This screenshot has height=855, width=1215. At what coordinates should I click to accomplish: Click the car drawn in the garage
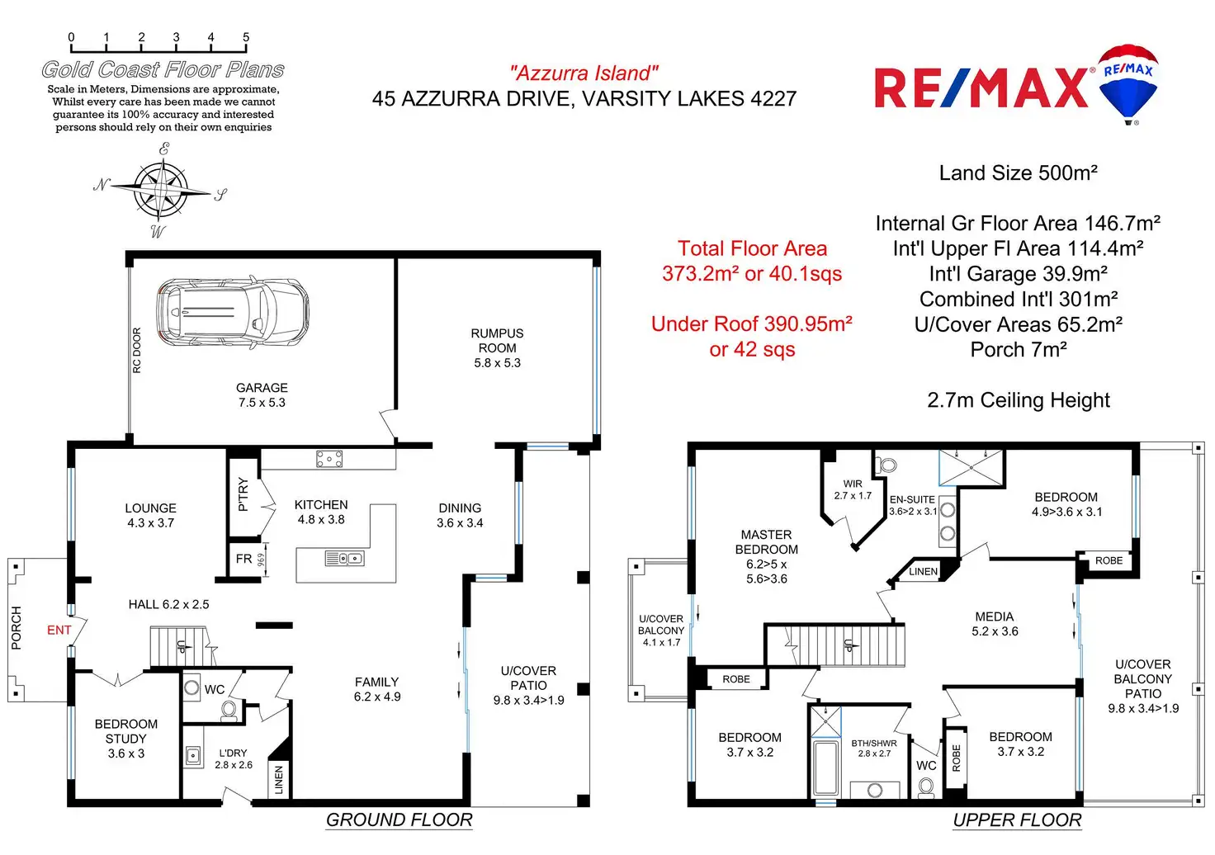[x=233, y=312]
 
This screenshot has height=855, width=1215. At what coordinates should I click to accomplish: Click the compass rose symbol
[x=162, y=189]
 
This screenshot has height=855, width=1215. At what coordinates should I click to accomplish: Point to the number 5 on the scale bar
[x=246, y=37]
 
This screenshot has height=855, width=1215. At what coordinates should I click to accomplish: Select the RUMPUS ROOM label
[x=497, y=347]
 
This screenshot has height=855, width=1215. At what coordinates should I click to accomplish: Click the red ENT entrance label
[x=59, y=630]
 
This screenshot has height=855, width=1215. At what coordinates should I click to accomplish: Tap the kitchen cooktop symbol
[x=329, y=460]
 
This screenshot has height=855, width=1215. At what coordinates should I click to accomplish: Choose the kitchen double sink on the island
[x=344, y=559]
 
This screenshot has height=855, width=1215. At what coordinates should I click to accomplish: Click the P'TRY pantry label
[x=243, y=494]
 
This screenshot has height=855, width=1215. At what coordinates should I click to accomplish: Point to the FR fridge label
[x=243, y=559]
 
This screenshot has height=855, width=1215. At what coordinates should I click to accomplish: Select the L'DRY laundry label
[x=233, y=758]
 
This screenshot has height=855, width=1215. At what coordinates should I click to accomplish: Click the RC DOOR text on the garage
[x=137, y=350]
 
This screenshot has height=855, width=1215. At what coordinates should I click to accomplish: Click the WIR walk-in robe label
[x=853, y=489]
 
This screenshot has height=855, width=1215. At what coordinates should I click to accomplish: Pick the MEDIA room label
[x=994, y=623]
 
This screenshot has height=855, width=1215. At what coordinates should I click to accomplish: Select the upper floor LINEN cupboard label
[x=923, y=571]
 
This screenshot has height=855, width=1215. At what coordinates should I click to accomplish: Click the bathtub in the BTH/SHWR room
[x=825, y=768]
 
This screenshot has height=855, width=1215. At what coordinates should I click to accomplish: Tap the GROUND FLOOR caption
[x=399, y=820]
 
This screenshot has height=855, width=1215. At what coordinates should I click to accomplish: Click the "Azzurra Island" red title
[x=584, y=73]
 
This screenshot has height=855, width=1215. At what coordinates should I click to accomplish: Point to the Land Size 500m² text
[x=1018, y=173]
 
